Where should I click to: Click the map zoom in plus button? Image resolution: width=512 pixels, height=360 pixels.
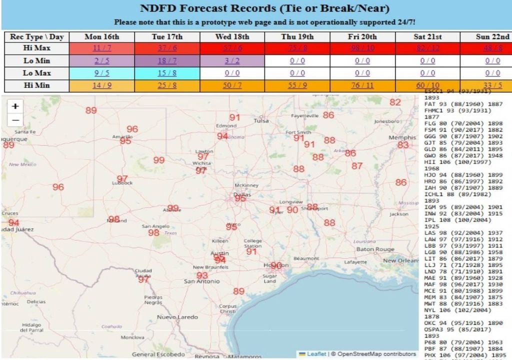(15, 106)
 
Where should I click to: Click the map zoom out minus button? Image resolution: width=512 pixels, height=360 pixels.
(15, 120)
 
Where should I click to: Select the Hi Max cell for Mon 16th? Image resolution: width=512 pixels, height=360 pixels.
(102, 48)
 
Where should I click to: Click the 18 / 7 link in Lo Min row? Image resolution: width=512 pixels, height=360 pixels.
(167, 60)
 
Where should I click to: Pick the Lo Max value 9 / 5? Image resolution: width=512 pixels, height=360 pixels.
(102, 73)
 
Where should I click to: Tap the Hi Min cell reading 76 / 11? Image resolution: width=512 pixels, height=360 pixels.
(362, 85)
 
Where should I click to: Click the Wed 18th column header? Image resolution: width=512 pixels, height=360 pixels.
(232, 36)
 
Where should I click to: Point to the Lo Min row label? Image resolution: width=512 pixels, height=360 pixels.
(37, 60)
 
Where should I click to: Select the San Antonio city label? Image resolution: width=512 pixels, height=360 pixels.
(201, 281)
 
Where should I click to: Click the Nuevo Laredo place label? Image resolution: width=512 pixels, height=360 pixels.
(177, 317)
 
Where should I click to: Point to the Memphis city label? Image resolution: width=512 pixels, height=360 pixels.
(402, 137)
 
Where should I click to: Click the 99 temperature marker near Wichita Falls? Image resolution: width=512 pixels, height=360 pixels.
(159, 160)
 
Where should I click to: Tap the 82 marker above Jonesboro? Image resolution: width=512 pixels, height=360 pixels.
(395, 102)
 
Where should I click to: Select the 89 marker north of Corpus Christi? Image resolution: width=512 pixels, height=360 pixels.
(239, 291)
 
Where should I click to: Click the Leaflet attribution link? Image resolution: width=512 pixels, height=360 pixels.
(316, 354)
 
